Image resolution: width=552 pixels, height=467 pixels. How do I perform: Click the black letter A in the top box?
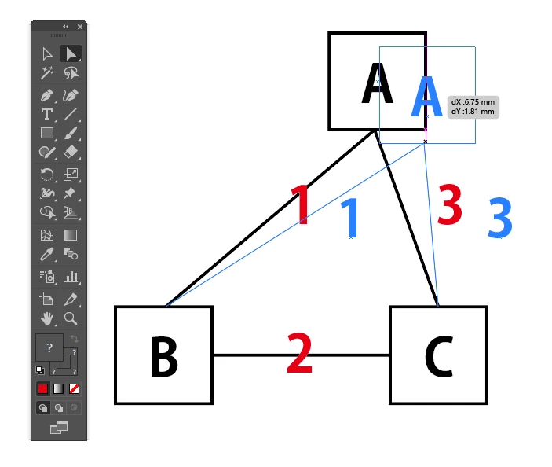pos(376,85)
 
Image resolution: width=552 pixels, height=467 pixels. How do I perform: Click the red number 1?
pos(300,206)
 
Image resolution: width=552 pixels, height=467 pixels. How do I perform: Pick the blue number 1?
pos(350,218)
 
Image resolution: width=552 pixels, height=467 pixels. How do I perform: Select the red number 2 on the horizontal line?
pos(299,355)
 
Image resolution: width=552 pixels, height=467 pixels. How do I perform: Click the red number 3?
pos(448,206)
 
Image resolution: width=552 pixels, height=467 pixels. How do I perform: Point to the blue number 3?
pos(499,218)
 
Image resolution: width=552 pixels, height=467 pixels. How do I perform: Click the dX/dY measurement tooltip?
pos(473,107)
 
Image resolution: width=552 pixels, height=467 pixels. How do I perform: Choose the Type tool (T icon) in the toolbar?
pos(47,114)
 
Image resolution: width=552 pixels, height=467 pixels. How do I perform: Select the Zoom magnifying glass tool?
pos(71,318)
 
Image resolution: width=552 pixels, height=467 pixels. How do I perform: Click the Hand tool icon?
pos(47,318)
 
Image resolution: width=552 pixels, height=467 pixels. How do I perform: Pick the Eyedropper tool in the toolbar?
pos(47,254)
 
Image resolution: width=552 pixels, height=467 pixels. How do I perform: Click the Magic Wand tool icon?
pos(47,73)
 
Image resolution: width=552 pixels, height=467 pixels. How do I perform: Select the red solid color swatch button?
pos(42,388)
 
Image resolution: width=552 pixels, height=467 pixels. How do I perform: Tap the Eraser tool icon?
pos(71,152)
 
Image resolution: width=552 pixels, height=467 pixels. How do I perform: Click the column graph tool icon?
pos(71,276)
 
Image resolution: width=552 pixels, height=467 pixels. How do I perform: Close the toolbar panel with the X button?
pos(80,26)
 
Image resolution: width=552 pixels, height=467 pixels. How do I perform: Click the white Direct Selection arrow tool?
pos(47,53)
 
